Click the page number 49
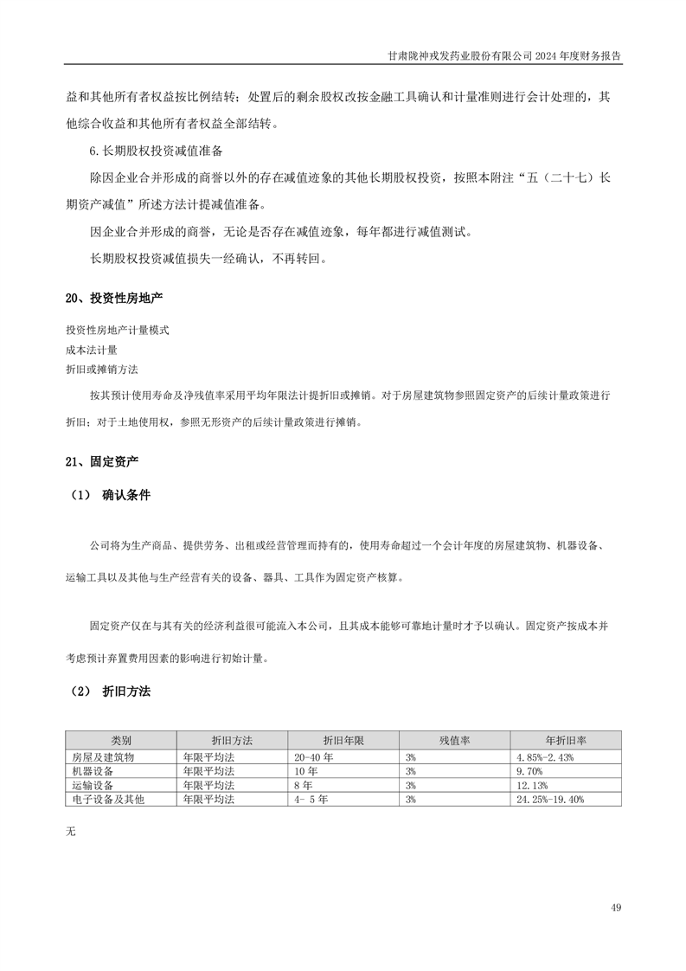[615, 908]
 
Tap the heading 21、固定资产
[101, 462]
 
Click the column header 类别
[121, 742]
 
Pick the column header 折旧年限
[343, 742]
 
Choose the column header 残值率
[454, 742]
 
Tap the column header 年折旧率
[566, 742]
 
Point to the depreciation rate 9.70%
[529, 770]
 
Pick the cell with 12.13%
[531, 785]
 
